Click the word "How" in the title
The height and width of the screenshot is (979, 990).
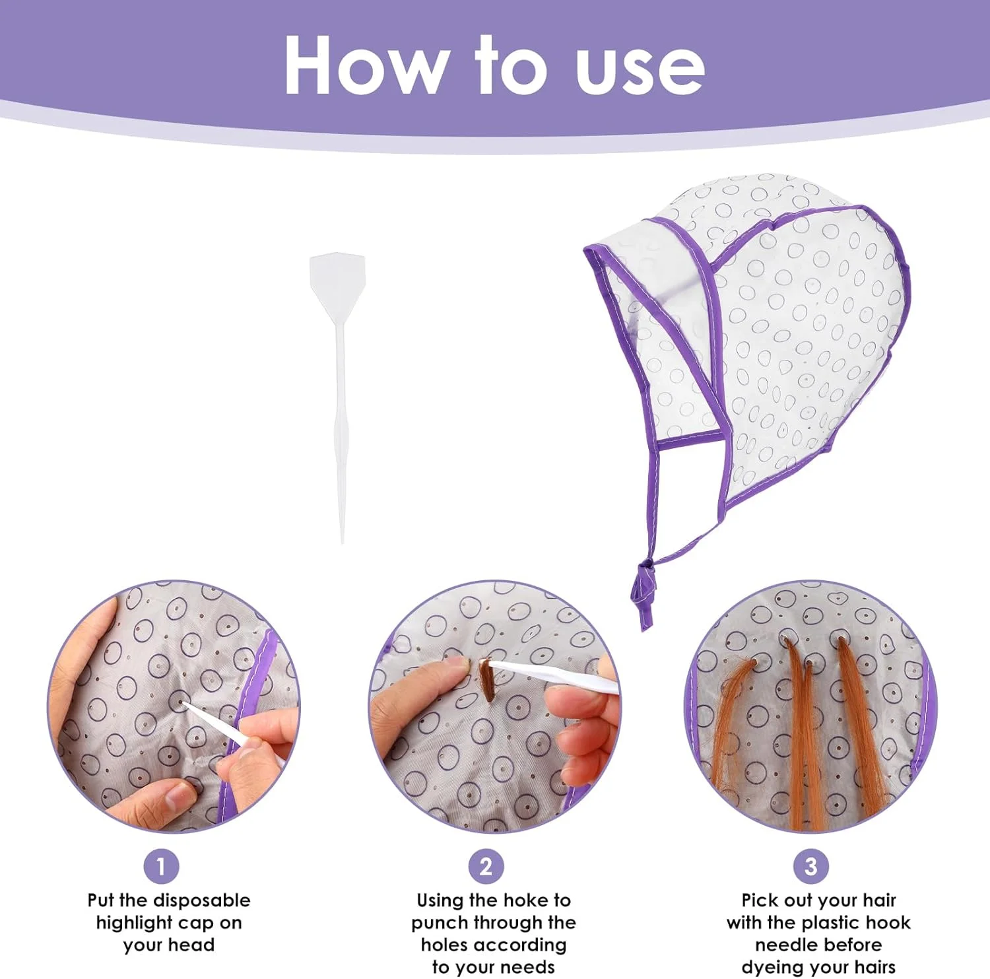pos(365,65)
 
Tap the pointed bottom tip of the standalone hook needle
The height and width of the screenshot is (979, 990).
pos(342,541)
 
